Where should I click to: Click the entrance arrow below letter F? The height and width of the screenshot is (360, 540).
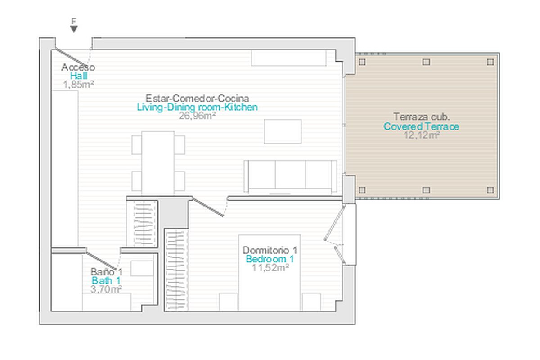click(74, 29)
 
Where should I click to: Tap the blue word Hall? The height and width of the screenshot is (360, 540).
click(79, 76)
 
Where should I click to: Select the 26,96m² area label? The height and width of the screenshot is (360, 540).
click(197, 116)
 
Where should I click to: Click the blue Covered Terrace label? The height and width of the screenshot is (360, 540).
click(421, 126)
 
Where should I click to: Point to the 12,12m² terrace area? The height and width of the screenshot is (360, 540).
click(422, 135)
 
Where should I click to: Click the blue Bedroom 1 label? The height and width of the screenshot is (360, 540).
click(270, 259)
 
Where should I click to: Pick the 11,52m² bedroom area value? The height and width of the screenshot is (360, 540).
click(270, 268)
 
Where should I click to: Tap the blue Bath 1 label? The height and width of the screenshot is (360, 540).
click(106, 281)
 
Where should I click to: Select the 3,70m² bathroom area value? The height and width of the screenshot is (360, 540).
click(106, 289)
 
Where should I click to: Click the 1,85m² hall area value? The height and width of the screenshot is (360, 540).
click(78, 85)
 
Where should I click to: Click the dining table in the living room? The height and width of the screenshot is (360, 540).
click(158, 163)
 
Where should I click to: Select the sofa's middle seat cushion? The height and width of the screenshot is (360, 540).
click(290, 174)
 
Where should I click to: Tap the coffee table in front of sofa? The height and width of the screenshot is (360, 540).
click(283, 131)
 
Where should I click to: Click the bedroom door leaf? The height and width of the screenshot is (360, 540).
click(208, 207)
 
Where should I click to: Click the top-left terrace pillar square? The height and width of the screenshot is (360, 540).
click(362, 62)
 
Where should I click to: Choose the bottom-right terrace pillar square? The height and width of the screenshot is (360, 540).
click(490, 190)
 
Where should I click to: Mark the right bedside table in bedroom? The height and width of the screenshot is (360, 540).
click(311, 302)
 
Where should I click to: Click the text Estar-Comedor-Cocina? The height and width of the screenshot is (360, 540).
click(197, 99)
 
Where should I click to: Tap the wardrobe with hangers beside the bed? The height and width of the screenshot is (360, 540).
click(176, 270)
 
